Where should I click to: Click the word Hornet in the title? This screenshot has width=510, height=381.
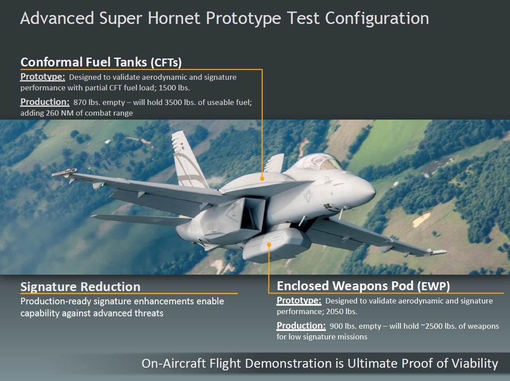(x=174, y=18)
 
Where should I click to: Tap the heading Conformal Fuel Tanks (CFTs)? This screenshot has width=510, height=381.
(x=101, y=62)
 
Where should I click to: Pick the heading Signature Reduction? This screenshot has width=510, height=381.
(x=80, y=287)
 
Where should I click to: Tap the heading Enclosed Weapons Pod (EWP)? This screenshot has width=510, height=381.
(x=363, y=286)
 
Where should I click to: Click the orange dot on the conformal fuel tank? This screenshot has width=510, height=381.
(x=262, y=179)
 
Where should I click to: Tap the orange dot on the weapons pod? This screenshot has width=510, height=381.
(x=269, y=245)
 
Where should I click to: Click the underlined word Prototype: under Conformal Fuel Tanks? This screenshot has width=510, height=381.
(x=43, y=77)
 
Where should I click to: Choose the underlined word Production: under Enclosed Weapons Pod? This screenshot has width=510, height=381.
(x=301, y=326)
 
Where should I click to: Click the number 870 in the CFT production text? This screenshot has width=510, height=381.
(x=79, y=102)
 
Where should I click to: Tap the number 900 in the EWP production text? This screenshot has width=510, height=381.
(x=336, y=326)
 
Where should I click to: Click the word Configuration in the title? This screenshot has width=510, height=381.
(x=377, y=18)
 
